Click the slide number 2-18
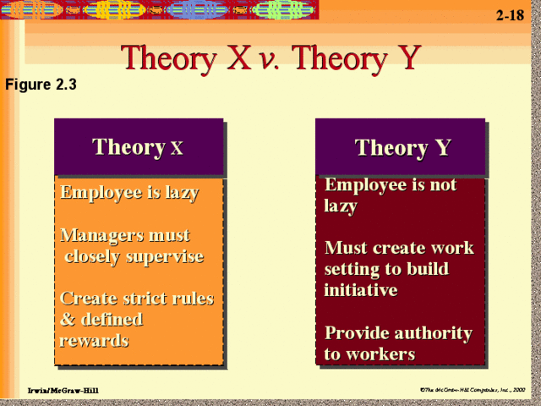[510, 15]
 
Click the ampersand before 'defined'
[68, 320]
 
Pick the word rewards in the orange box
[94, 340]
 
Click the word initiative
[360, 289]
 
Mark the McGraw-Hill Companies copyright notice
[473, 389]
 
